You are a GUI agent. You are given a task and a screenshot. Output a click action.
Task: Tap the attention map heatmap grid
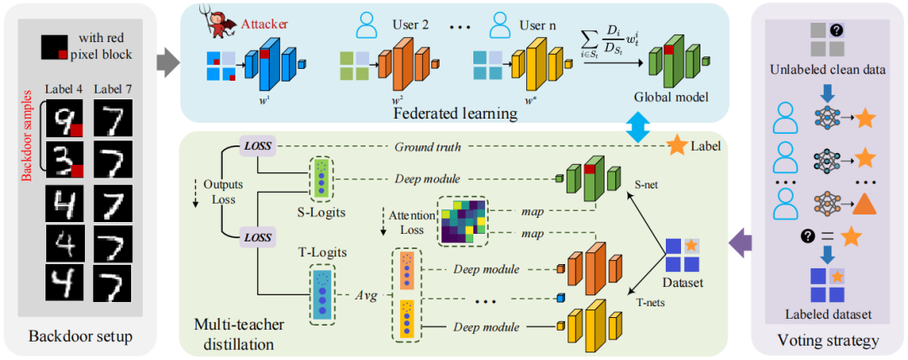coord(461,221)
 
